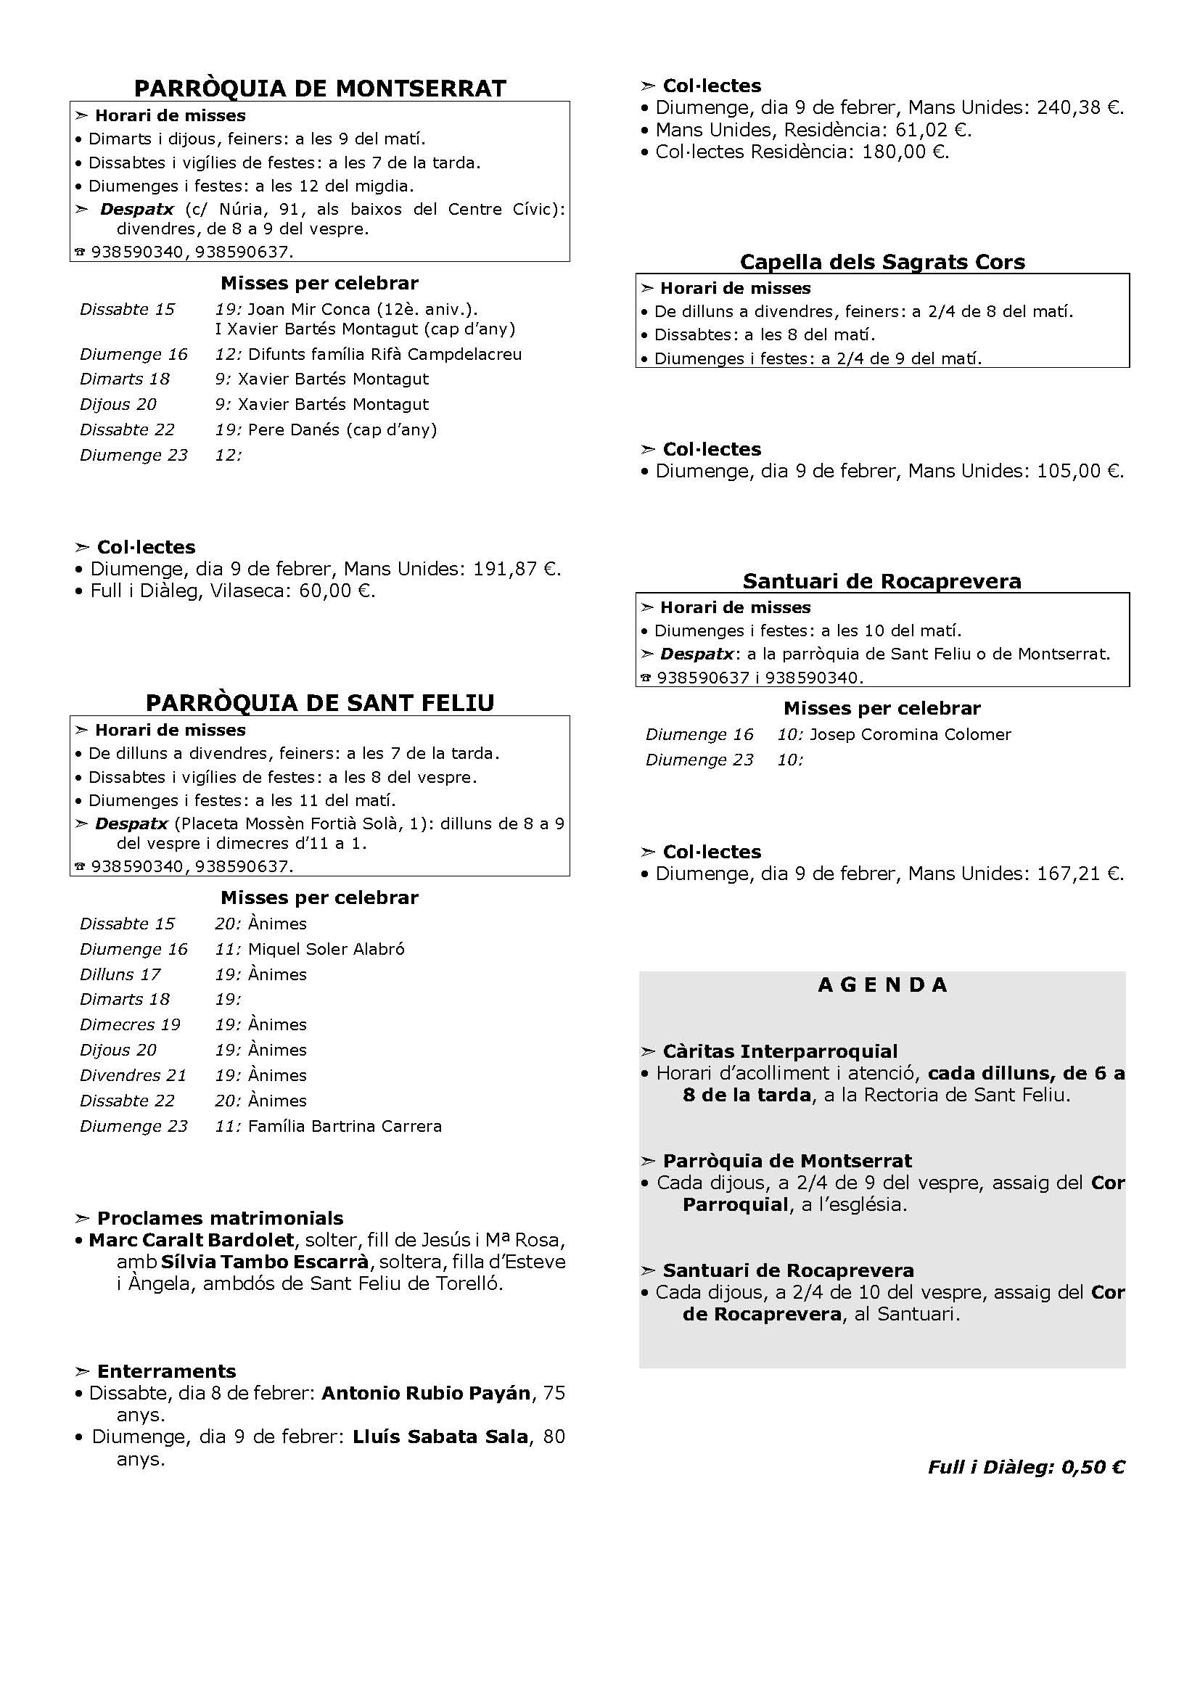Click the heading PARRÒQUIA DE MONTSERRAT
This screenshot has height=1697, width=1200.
coord(320,89)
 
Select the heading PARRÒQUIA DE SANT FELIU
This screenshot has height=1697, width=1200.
coord(320,703)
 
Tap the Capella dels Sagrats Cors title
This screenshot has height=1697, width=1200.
coord(882,263)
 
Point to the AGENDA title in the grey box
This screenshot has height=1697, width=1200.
coord(882,985)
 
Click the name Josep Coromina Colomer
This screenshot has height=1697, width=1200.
coord(911,735)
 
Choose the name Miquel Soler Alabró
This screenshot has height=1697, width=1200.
coord(326,949)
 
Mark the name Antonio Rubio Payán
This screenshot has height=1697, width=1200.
coord(427,1394)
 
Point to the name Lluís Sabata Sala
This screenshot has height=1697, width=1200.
coord(440,1437)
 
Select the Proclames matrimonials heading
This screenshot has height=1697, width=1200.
coord(221,1219)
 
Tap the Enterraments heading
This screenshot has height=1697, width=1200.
coord(166,1372)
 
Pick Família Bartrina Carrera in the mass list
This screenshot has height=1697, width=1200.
coord(345,1127)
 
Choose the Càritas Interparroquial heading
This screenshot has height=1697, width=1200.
coord(779,1052)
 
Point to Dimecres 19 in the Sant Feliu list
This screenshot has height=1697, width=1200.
coord(130,1025)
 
